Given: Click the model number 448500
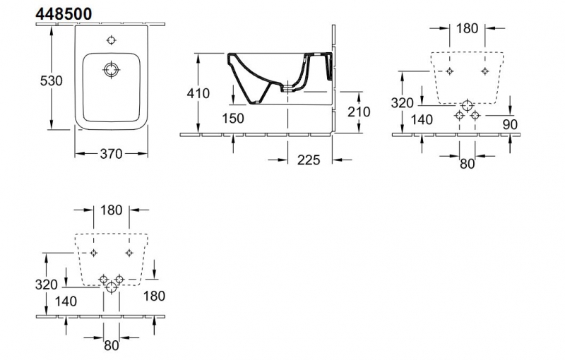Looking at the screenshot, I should (x=62, y=13).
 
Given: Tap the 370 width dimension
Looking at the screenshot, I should (x=112, y=153).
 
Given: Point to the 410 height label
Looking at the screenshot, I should (x=198, y=92).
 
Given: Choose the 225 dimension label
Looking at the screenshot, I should (x=309, y=160).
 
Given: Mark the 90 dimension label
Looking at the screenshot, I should (x=511, y=124).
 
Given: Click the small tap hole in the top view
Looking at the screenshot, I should (x=112, y=39).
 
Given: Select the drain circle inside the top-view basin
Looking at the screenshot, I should (x=112, y=70).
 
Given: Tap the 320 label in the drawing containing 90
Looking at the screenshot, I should (x=401, y=103).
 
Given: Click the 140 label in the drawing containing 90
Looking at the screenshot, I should (x=421, y=120).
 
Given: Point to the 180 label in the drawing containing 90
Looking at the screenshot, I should (x=467, y=28).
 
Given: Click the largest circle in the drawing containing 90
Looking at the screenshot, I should (x=466, y=107).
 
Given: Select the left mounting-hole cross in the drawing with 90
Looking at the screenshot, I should (x=449, y=71).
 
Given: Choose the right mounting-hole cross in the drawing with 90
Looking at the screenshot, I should (x=484, y=71).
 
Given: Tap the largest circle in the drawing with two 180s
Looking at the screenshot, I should (x=111, y=288).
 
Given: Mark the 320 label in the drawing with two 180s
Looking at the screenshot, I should (x=46, y=285).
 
